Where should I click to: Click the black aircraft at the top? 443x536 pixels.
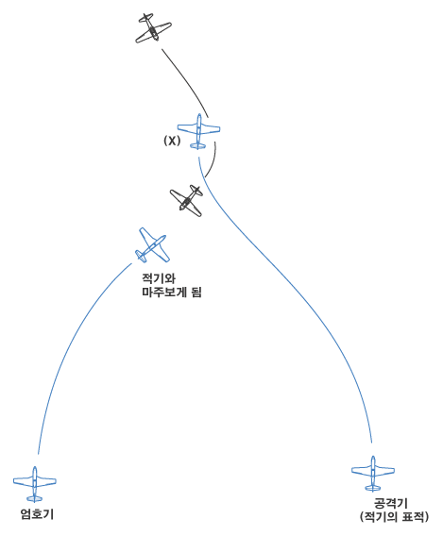153,28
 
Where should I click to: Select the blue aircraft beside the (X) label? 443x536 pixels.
198,131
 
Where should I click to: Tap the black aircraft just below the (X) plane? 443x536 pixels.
187,201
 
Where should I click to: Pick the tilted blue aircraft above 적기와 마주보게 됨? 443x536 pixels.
152,245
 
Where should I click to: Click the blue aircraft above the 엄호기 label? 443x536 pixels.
35,484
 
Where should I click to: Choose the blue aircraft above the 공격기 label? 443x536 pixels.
373,473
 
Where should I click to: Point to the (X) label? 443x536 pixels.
172,141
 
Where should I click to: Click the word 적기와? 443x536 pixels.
159,278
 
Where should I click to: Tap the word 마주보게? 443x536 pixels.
163,293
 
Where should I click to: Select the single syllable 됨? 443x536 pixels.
196,293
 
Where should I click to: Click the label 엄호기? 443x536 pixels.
37,514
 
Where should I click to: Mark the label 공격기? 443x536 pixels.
391,504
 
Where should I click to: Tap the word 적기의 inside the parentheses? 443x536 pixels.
380,516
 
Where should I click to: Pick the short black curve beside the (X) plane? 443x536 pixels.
213,160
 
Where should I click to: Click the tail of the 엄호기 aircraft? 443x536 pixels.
35,498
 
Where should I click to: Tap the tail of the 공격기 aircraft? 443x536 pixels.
373,488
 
